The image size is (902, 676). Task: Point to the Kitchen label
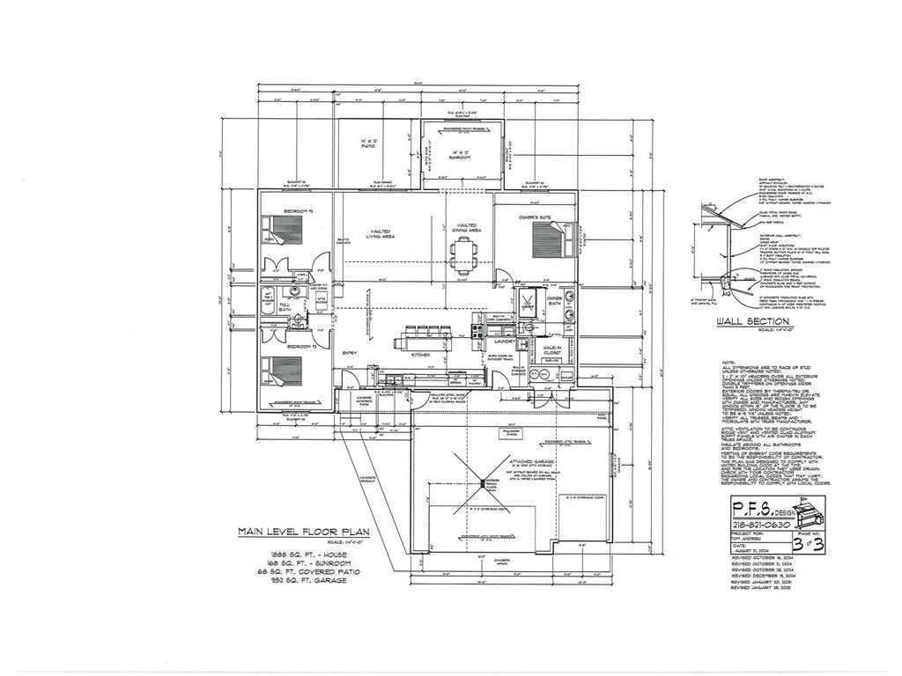point(420,355)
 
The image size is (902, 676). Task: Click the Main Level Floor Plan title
point(303,532)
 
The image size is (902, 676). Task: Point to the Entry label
point(349,354)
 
